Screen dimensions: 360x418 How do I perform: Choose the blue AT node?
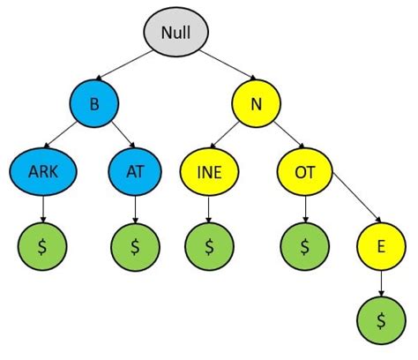135,173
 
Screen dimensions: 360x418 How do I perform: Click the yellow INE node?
208,173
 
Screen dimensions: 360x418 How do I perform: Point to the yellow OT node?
304,173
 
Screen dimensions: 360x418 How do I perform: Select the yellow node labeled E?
381,246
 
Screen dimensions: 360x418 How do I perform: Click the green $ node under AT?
135,246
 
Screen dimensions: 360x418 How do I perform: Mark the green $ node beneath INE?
208,246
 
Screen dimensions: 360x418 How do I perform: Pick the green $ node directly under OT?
304,246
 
